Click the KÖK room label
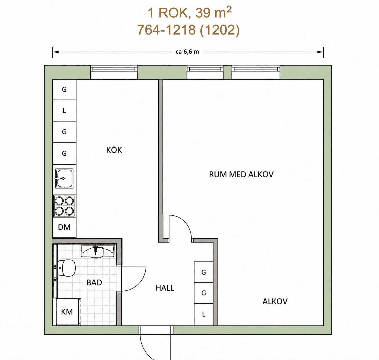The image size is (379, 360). click(114, 150)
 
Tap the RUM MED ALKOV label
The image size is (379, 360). click(241, 174)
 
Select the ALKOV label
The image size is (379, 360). click(275, 301)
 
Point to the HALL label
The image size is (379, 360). click(165, 288)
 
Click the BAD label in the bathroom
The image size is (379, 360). click(94, 283)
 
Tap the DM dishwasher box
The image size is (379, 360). click(64, 227)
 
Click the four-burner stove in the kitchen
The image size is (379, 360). click(64, 206)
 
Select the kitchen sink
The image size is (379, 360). click(64, 179)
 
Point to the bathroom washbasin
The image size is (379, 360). click(97, 251)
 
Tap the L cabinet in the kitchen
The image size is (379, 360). click(64, 110)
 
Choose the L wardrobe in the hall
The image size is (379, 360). click(203, 314)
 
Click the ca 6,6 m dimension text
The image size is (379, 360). click(187, 52)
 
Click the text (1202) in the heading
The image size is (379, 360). click(220, 30)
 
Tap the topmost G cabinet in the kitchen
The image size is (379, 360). click(64, 90)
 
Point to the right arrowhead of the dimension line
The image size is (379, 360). click(320, 52)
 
